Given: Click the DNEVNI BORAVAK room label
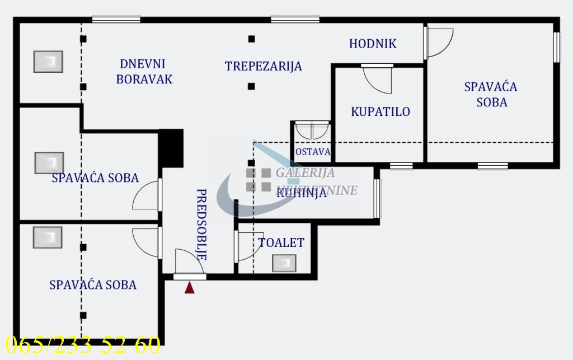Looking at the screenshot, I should pyautogui.click(x=144, y=72).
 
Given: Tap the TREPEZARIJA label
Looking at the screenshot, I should pyautogui.click(x=263, y=66).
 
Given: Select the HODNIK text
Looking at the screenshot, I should pyautogui.click(x=373, y=44).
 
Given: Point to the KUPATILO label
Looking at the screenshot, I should pyautogui.click(x=380, y=111).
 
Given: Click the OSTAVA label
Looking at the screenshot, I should pyautogui.click(x=312, y=152).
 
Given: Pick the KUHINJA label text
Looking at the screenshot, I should pyautogui.click(x=301, y=194).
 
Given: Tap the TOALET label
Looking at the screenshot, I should pyautogui.click(x=281, y=242).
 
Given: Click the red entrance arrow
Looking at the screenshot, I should pyautogui.click(x=190, y=288).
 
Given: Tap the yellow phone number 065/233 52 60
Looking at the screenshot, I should pyautogui.click(x=83, y=344).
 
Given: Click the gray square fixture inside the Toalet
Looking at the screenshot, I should pyautogui.click(x=284, y=263).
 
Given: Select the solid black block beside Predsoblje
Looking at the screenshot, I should pyautogui.click(x=172, y=147).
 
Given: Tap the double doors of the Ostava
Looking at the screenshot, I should pyautogui.click(x=312, y=130).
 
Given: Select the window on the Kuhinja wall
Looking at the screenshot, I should pyautogui.click(x=377, y=198).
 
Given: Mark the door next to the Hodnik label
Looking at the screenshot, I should pyautogui.click(x=438, y=42).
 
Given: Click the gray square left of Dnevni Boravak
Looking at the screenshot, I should pyautogui.click(x=48, y=62).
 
